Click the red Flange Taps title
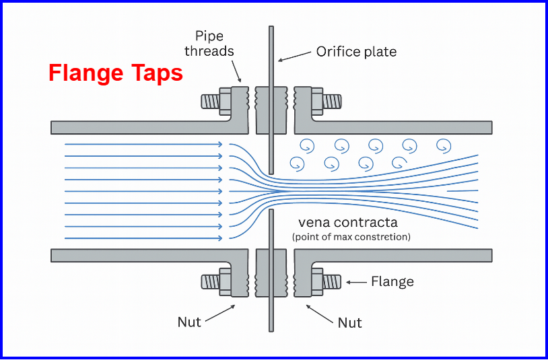115,73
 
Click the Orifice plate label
356,52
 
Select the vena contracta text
349,223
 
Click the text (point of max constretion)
351,237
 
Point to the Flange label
392,281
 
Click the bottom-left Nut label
189,322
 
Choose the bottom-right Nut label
349,322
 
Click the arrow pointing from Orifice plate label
294,57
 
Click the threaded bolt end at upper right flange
331,102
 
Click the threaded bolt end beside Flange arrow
331,281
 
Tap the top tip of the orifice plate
271,29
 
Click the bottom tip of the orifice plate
271,329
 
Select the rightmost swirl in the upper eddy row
443,145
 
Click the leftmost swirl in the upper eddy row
306,145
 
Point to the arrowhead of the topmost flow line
219,144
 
